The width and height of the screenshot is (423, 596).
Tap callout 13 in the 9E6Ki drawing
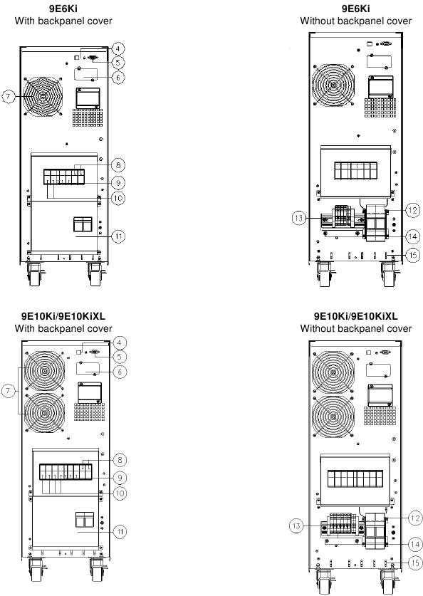pyautogui.click(x=300, y=217)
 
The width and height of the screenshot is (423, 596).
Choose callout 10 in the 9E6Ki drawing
pyautogui.click(x=119, y=198)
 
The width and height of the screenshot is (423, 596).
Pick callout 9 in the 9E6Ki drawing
pyautogui.click(x=119, y=182)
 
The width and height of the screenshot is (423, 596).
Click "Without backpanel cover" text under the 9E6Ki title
pyautogui.click(x=355, y=21)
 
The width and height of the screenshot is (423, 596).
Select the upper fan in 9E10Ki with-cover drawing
pyautogui.click(x=44, y=372)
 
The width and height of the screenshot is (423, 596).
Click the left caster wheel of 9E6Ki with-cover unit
pyautogui.click(x=33, y=276)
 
